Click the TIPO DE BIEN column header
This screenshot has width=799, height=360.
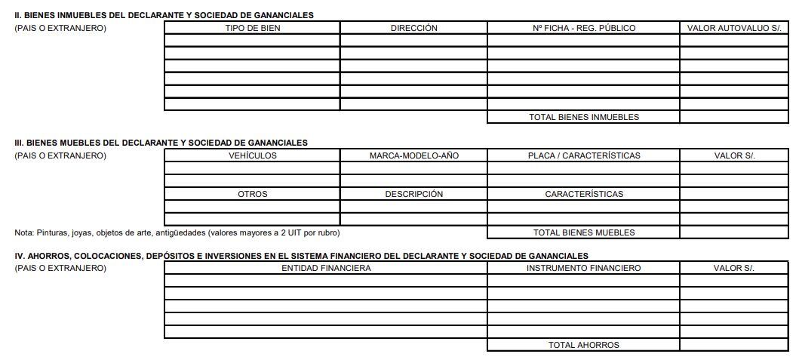(252, 28)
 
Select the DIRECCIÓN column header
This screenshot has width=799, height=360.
(413, 28)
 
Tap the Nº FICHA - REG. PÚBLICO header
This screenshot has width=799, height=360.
(583, 28)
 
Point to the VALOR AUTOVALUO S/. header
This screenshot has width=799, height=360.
(733, 28)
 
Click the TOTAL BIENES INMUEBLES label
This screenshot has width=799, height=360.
(583, 117)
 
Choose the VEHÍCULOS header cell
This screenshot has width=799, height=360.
(252, 155)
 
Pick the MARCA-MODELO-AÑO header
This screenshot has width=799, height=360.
(413, 155)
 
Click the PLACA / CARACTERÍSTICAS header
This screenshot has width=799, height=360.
(583, 155)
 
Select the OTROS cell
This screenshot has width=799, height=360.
(252, 194)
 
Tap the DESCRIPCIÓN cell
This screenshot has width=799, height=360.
(413, 194)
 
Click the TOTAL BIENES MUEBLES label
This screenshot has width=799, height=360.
(583, 232)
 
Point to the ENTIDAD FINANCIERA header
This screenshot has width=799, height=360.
(326, 268)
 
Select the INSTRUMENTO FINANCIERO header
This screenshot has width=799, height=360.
(583, 268)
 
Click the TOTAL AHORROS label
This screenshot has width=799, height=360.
(583, 345)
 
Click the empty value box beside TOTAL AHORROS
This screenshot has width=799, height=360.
(733, 345)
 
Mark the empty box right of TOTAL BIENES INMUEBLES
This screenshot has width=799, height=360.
(733, 117)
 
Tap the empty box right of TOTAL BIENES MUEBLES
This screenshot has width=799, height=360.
(733, 232)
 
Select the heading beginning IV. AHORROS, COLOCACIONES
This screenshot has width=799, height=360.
(301, 256)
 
